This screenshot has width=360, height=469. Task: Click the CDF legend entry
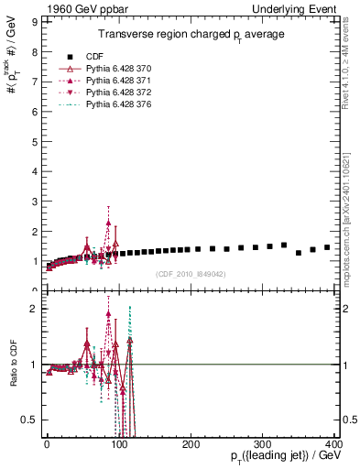coord(94,57)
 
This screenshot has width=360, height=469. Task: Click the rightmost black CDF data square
coord(327,247)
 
